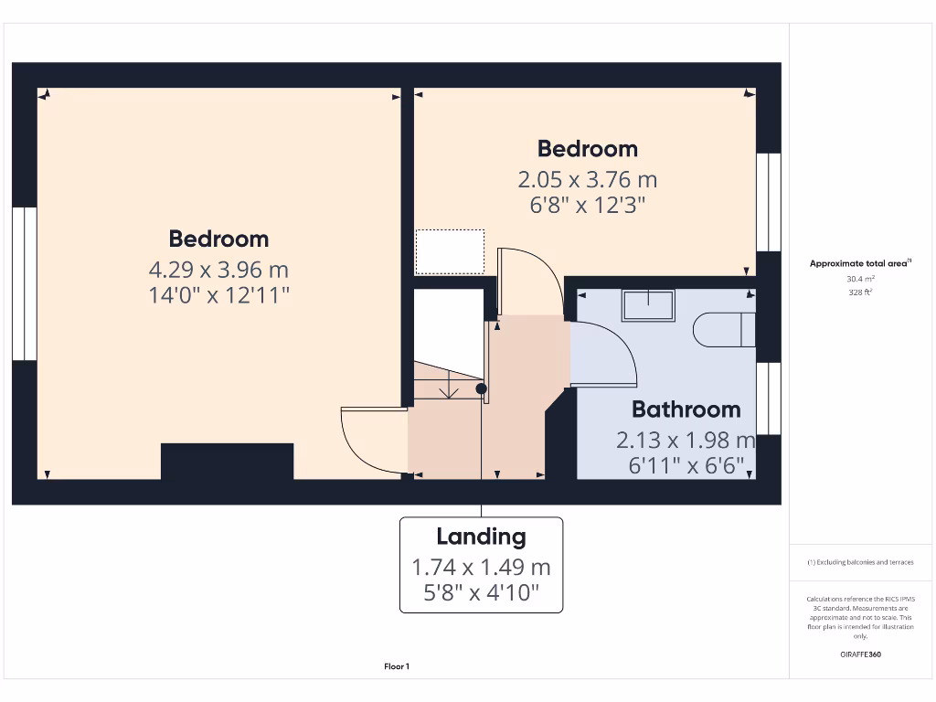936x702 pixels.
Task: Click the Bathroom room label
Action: (x=686, y=409)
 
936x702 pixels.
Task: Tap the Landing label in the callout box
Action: (x=481, y=537)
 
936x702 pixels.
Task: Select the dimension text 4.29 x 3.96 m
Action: (x=218, y=270)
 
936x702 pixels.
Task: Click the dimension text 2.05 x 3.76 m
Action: (x=587, y=179)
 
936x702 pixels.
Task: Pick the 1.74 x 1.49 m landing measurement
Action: (x=481, y=568)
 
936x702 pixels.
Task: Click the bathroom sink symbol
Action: (x=648, y=305)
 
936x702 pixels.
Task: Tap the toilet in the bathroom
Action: (x=723, y=330)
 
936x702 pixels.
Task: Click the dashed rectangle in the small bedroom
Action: (x=450, y=251)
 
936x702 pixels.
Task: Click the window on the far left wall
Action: (x=24, y=283)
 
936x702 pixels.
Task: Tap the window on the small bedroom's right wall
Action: (x=769, y=202)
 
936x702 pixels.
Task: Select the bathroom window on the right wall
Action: (x=769, y=399)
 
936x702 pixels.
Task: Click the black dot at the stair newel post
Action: (x=482, y=388)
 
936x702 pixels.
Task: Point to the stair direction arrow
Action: (x=449, y=389)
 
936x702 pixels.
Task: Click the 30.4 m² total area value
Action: (x=859, y=278)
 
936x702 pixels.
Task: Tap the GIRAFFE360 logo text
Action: (x=859, y=654)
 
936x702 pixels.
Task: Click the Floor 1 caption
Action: (x=397, y=667)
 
